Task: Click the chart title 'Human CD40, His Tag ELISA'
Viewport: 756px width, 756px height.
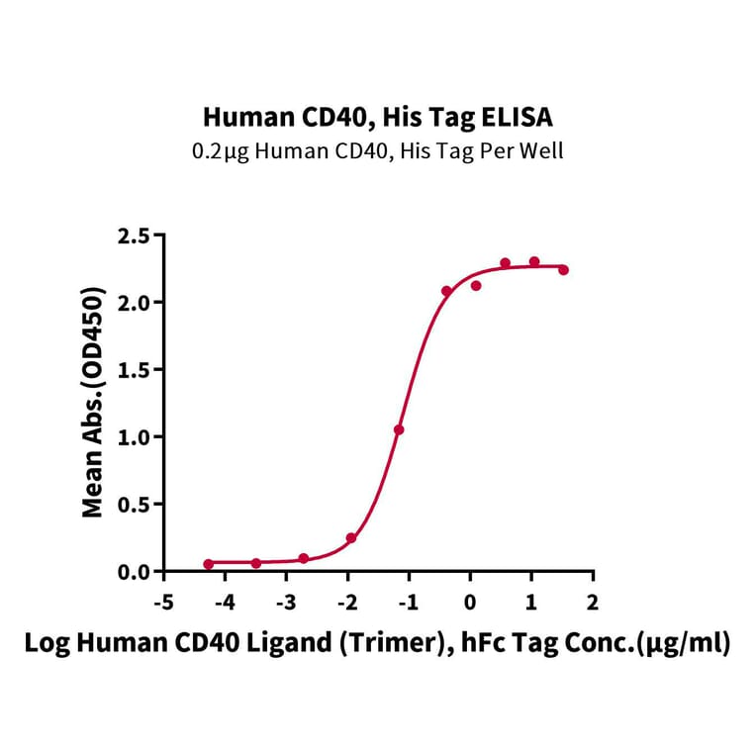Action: pyautogui.click(x=378, y=118)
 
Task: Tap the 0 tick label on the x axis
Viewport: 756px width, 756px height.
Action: pyautogui.click(x=471, y=602)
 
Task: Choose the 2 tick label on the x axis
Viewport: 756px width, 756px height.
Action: pyautogui.click(x=593, y=602)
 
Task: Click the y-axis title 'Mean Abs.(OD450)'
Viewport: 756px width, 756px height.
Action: pyautogui.click(x=93, y=403)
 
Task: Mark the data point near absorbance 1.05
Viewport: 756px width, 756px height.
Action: pyautogui.click(x=399, y=429)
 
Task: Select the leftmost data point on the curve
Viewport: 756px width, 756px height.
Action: pyautogui.click(x=208, y=564)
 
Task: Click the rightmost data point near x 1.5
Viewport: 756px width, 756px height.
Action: pyautogui.click(x=563, y=269)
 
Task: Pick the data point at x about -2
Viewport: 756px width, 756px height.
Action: pyautogui.click(x=351, y=538)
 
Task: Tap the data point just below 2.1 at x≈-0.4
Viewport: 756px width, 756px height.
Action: pyautogui.click(x=446, y=291)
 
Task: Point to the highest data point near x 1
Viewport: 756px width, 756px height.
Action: pyautogui.click(x=534, y=261)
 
